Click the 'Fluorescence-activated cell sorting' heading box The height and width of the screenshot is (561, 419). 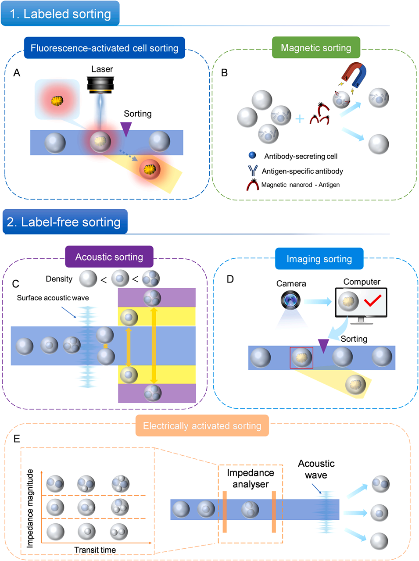point(104,48)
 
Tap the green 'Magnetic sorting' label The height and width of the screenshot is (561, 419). point(316,48)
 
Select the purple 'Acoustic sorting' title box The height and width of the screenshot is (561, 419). point(109,257)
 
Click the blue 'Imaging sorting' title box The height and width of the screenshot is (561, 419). point(319,259)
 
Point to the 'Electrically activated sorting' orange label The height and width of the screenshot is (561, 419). point(202,426)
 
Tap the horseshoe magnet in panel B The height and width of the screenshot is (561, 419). point(355,74)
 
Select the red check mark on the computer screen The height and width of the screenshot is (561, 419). point(372,301)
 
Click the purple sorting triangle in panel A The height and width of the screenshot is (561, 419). point(126,129)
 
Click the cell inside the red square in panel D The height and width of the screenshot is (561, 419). point(301,357)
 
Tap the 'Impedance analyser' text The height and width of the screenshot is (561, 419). point(251,479)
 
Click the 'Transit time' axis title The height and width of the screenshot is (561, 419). point(95,550)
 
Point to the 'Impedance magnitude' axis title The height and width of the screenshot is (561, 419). point(30,508)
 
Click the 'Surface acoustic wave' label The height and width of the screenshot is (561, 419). point(53,298)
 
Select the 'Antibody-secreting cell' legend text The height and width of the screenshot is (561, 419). point(301,156)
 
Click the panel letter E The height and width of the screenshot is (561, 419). point(17,439)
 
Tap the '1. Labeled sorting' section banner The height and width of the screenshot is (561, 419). point(60,14)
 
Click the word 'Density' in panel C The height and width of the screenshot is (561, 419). point(59,279)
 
